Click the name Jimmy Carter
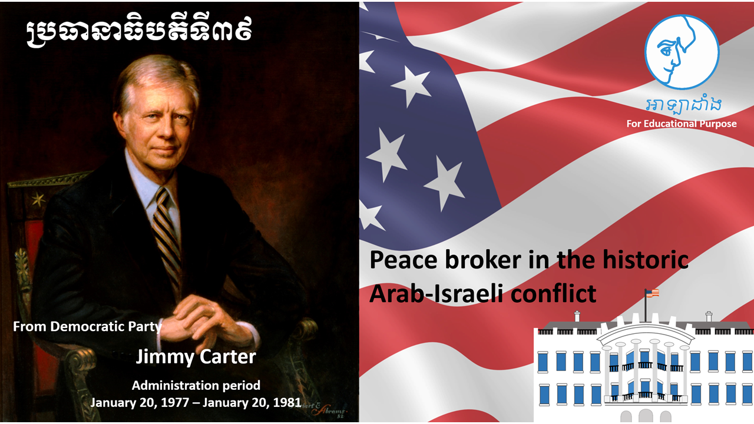[x=196, y=357]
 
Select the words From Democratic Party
[x=87, y=326]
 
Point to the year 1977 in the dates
[x=175, y=402]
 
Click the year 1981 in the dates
[x=287, y=402]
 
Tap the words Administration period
[x=196, y=385]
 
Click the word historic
[x=645, y=260]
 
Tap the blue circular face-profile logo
[x=682, y=52]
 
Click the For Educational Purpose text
[x=682, y=124]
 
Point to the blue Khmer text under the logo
[x=683, y=105]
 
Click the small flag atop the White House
[x=652, y=293]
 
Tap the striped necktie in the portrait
[x=167, y=236]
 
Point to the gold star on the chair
[x=38, y=199]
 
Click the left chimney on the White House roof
[x=577, y=316]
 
